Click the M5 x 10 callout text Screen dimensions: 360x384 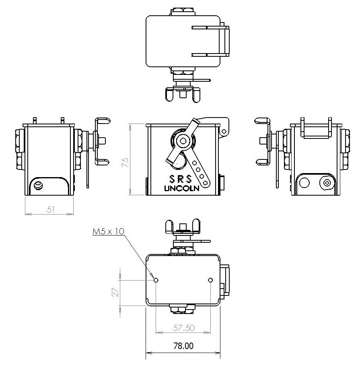(109, 231)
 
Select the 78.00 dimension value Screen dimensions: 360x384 (183, 346)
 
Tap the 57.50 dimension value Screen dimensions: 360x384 (184, 328)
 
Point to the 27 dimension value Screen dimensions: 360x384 (115, 292)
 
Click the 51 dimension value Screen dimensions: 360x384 (51, 210)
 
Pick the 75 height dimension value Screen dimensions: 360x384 (125, 162)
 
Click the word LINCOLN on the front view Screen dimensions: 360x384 (181, 188)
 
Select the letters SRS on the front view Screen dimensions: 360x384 (181, 179)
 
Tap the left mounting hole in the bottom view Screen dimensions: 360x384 (156, 280)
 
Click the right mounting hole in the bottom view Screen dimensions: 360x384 (210, 280)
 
